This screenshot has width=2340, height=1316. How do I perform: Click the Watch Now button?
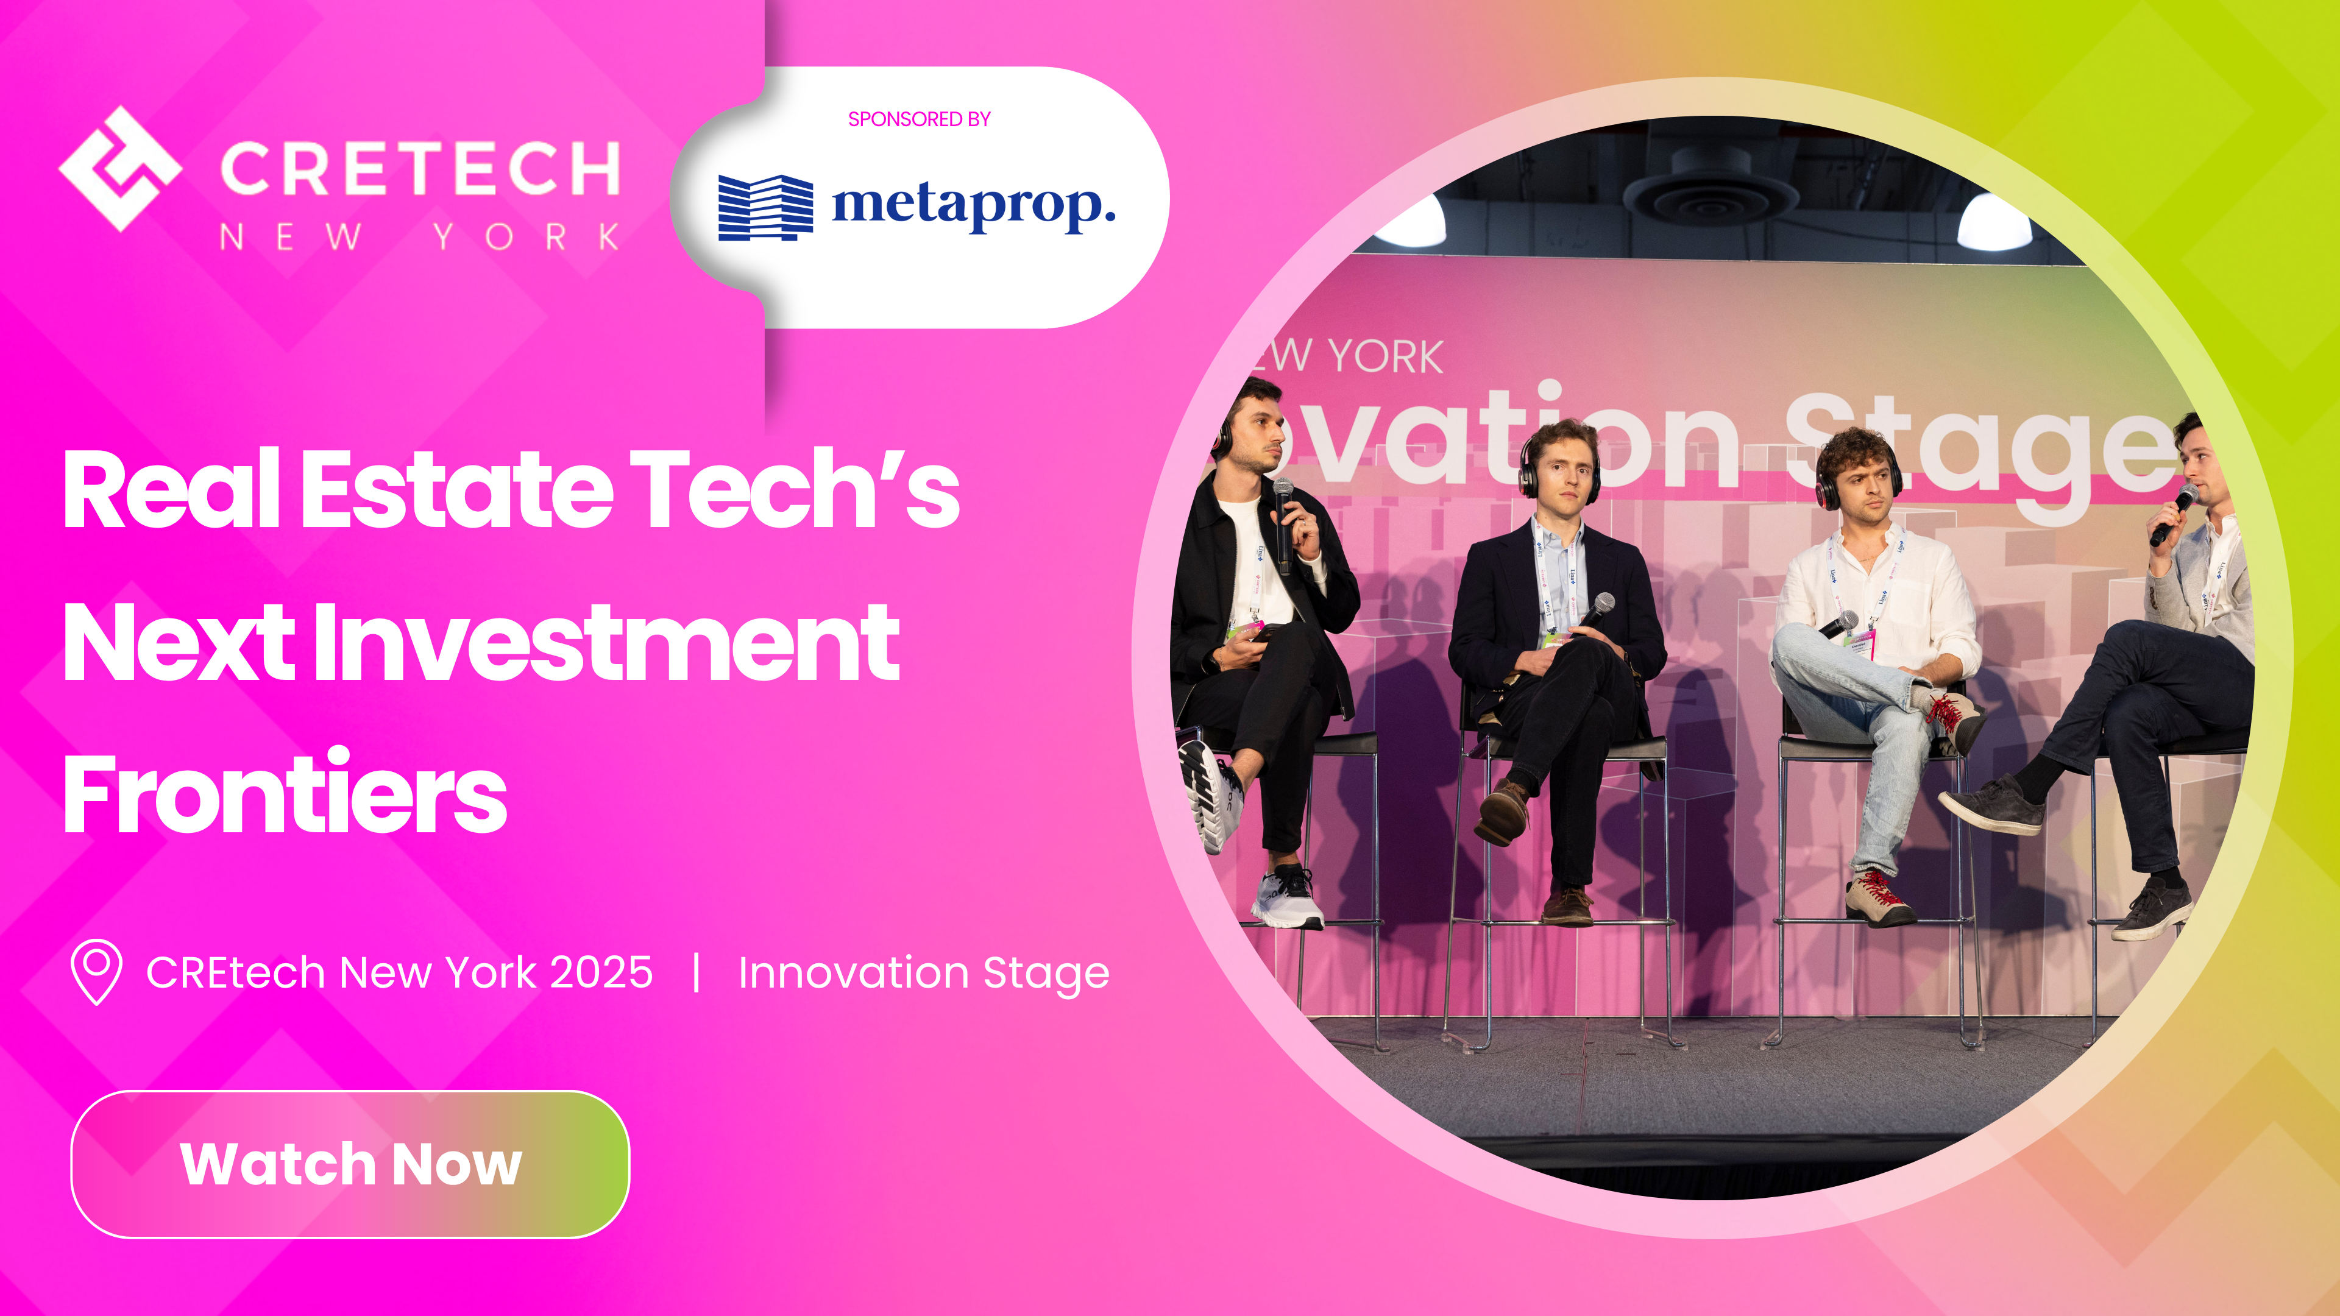click(x=350, y=1164)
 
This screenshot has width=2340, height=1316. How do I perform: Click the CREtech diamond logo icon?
click(x=120, y=169)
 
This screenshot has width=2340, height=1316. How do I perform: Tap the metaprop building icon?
click(x=765, y=207)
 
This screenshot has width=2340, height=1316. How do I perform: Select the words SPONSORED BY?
click(x=918, y=119)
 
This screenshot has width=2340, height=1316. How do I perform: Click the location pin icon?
click(x=96, y=972)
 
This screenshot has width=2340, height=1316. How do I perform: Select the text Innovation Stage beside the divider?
click(x=923, y=973)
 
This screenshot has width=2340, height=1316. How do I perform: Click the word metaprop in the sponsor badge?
click(x=973, y=205)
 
